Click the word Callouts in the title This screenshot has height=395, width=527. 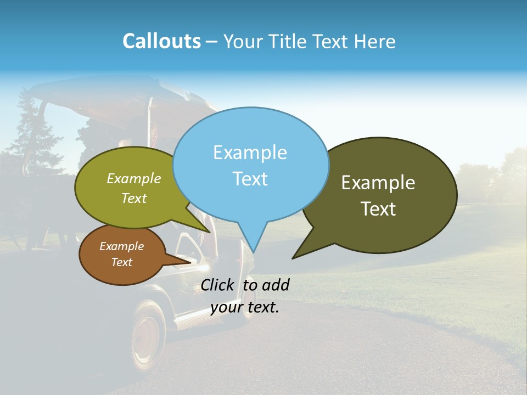point(161,42)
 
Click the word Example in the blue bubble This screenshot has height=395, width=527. point(250,153)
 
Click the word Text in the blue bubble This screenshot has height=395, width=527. point(250,179)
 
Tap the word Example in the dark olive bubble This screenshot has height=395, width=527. point(378,183)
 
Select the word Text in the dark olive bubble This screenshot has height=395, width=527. point(378,209)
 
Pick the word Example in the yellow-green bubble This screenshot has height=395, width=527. point(133,178)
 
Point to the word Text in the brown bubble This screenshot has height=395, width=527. point(121,262)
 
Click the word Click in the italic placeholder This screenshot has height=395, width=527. point(217,285)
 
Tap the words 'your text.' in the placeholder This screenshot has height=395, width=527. point(245,307)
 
